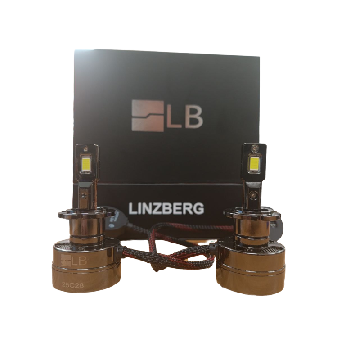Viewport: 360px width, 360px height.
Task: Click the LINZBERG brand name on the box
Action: [x=166, y=209]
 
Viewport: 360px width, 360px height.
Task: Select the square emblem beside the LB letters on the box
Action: [x=148, y=116]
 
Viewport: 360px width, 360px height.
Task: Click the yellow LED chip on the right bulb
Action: [x=255, y=162]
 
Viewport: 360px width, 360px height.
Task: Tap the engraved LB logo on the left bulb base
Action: [x=74, y=260]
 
